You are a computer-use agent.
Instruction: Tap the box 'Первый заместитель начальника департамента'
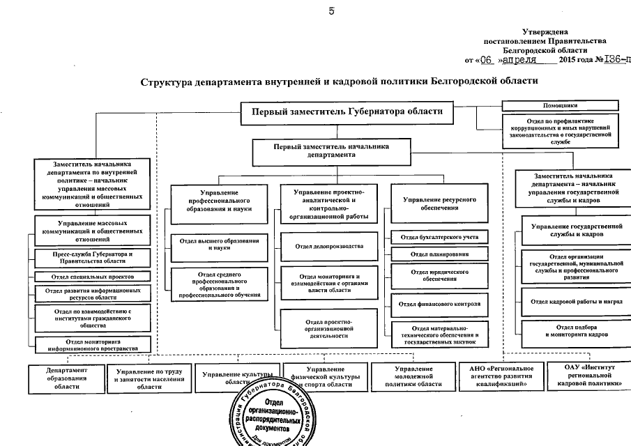(x=330, y=151)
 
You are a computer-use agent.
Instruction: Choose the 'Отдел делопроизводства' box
(x=329, y=246)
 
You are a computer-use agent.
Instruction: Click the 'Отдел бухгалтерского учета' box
(x=439, y=238)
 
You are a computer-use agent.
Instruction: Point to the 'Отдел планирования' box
(x=439, y=254)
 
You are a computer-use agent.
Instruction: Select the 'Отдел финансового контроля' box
(x=439, y=304)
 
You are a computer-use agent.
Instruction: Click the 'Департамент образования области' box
(x=66, y=378)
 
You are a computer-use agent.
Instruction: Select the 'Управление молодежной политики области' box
(x=413, y=376)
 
